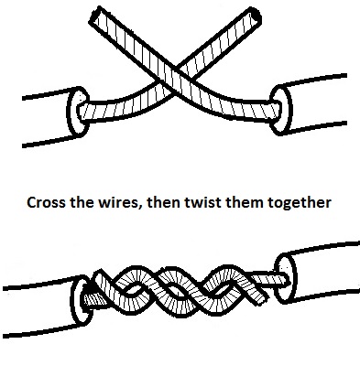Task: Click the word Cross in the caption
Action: click(x=47, y=202)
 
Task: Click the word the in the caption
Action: click(x=82, y=202)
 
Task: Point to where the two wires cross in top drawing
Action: click(x=175, y=80)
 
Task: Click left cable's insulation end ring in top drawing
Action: click(x=77, y=112)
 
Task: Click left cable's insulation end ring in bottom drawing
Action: click(x=82, y=301)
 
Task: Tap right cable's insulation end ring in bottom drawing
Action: click(x=286, y=279)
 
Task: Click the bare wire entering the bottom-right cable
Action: click(x=269, y=279)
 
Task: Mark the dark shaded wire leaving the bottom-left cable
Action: click(x=94, y=300)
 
